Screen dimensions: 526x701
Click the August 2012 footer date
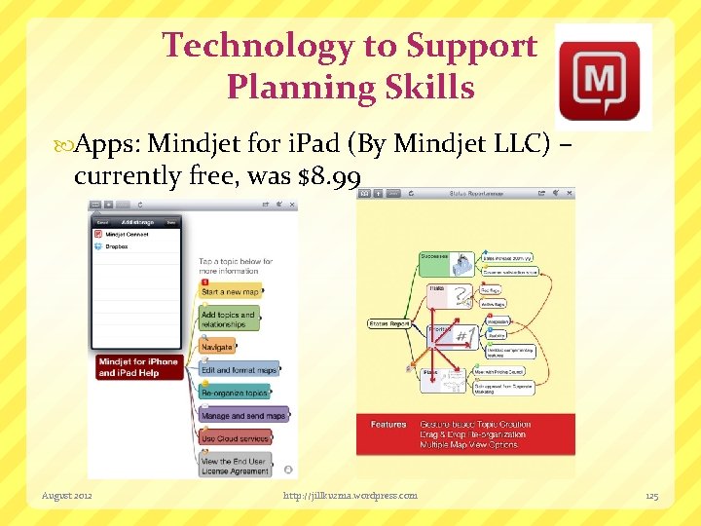point(67,496)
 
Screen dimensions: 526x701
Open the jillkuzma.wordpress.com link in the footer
point(350,496)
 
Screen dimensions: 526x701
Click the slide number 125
point(651,496)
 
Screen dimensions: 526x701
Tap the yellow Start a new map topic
point(230,291)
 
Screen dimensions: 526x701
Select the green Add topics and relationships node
point(230,319)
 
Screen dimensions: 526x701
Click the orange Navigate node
point(217,347)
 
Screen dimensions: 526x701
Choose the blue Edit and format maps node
point(240,370)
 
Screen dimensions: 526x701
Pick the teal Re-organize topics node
point(234,393)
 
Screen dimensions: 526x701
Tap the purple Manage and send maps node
point(243,416)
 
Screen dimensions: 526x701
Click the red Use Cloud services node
point(234,438)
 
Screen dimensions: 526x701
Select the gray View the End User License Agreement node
point(234,466)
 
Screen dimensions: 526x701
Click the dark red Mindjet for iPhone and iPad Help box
point(138,367)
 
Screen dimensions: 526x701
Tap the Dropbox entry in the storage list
point(117,246)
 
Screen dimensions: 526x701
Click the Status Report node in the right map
point(387,322)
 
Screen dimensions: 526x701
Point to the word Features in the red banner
point(388,424)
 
